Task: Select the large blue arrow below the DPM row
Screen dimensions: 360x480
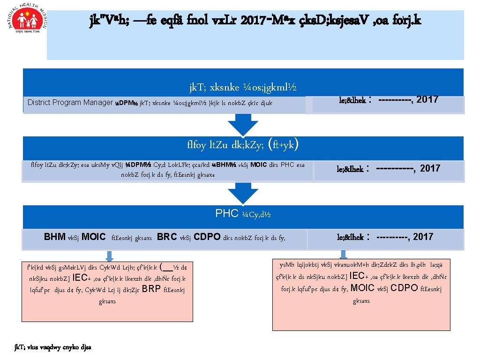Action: tap(243, 126)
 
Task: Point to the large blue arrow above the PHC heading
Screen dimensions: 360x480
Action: tap(243, 194)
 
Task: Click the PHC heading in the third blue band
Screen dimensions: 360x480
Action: tap(227, 214)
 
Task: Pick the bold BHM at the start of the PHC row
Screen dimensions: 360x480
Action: tap(55, 237)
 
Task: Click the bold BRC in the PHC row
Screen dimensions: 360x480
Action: tap(167, 237)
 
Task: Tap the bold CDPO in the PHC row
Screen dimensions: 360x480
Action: tap(208, 237)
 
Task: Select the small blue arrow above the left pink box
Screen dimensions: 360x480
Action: tap(109, 256)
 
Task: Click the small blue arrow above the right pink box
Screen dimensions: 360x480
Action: tap(343, 255)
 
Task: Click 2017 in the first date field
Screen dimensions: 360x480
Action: tap(427, 99)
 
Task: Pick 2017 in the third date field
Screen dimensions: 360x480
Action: tap(423, 237)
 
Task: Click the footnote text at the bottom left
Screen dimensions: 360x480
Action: tap(53, 347)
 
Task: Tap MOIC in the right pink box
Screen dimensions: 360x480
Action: tap(362, 288)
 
